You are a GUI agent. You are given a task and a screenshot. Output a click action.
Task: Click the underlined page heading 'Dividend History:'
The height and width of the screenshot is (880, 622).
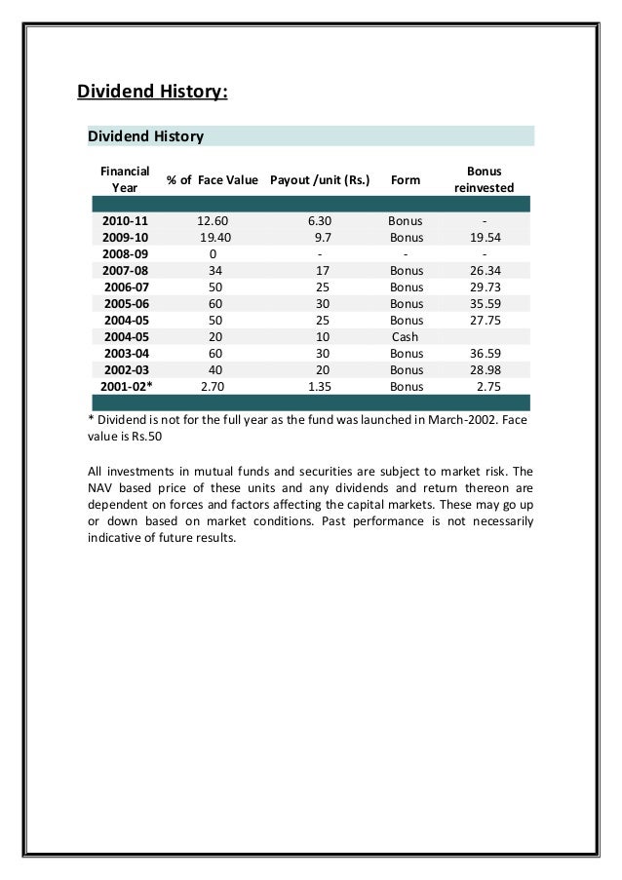[152, 93]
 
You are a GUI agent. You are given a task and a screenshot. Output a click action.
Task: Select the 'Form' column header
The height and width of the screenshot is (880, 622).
[405, 180]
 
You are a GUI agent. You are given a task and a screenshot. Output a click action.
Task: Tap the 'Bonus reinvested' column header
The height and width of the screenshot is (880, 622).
[485, 179]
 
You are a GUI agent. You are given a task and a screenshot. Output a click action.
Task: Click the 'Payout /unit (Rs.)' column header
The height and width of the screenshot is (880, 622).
[319, 180]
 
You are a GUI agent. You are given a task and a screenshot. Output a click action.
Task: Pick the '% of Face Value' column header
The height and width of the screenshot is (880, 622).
[212, 180]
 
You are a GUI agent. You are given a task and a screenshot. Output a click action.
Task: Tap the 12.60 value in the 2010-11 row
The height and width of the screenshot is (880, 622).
[213, 220]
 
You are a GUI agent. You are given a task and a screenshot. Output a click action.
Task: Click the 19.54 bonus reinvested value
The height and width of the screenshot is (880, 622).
[485, 237]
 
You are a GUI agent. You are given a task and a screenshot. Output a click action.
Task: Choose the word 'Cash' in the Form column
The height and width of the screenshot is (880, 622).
[405, 337]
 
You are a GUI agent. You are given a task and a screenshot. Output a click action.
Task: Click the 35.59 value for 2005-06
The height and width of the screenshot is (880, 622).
[485, 304]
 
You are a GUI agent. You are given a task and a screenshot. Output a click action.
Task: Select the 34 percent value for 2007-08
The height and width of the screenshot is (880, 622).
[213, 271]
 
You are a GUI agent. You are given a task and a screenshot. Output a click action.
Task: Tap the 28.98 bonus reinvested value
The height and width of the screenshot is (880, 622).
[485, 370]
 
